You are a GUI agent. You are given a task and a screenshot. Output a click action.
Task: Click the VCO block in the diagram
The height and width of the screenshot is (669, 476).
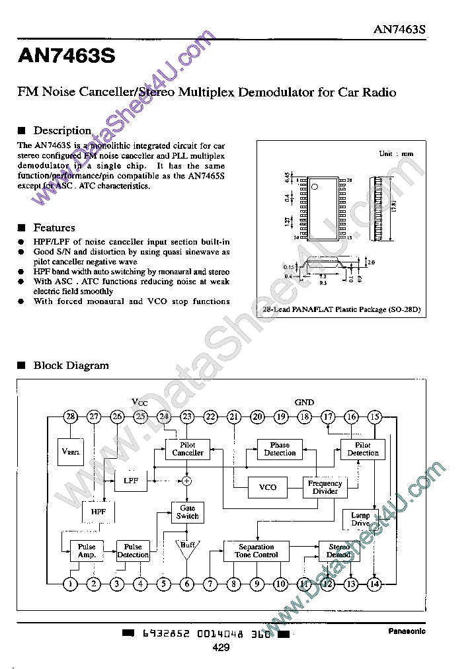pos(268,487)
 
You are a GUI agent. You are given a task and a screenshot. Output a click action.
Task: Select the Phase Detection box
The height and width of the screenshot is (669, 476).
pos(280,449)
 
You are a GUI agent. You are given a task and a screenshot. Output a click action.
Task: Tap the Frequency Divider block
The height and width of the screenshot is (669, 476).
pos(325,487)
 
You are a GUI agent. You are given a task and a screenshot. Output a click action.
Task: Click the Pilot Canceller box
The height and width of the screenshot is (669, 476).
pos(188,449)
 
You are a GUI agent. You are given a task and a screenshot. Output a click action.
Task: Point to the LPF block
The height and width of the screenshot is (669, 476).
pos(131,481)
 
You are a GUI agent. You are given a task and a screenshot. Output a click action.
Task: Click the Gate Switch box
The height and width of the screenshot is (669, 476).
pos(187,512)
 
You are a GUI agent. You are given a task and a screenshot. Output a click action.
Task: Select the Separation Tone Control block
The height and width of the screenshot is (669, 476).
pos(256,551)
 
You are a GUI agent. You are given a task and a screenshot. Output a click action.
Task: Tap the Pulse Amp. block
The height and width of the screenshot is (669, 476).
pos(87,551)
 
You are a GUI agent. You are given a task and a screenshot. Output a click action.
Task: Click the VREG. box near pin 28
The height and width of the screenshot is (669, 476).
pos(71,452)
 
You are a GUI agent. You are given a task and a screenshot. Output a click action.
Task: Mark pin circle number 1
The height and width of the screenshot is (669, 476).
pos(71,583)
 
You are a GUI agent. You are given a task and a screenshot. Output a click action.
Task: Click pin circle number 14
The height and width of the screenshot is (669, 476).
pos(374,583)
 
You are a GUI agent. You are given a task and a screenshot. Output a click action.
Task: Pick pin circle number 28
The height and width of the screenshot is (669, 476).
pos(71,416)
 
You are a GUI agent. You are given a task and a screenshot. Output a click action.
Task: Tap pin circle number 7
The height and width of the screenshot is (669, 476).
pos(211,583)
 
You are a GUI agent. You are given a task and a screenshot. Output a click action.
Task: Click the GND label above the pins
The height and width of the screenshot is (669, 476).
pos(304,402)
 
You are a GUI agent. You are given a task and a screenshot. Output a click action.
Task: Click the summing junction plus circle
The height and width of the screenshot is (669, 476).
pos(187,481)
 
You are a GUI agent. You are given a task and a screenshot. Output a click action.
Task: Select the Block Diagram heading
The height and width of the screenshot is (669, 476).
pos(71,365)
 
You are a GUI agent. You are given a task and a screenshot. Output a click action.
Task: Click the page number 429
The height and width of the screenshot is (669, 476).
pos(221,649)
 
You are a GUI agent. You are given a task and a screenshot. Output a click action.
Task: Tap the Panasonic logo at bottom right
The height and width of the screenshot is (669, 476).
pos(406,631)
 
